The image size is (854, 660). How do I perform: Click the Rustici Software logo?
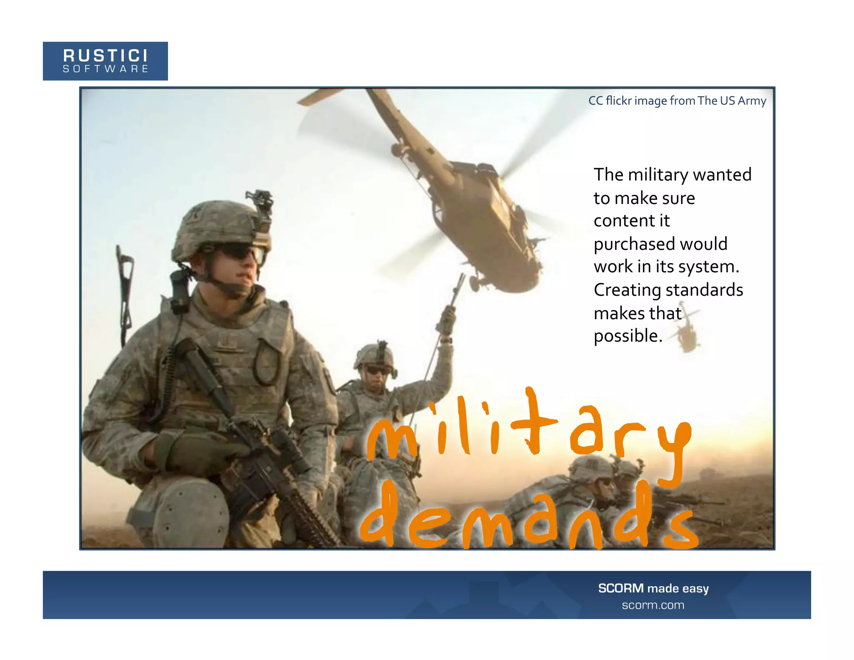(105, 61)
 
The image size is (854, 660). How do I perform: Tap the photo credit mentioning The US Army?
(677, 101)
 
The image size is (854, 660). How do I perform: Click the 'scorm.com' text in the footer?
(653, 605)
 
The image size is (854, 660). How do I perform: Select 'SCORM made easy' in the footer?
(653, 588)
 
